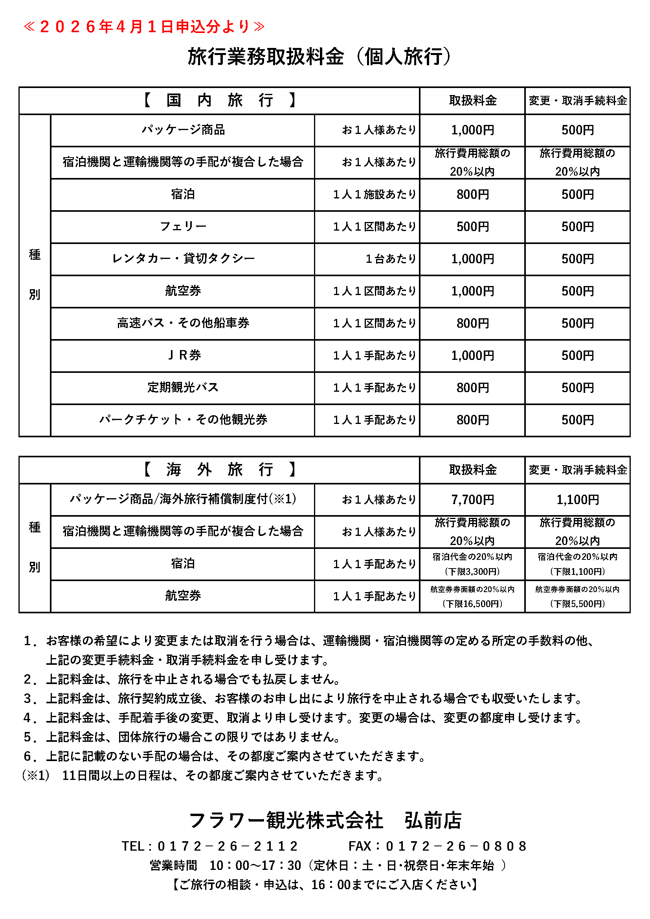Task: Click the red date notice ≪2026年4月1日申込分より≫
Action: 144,27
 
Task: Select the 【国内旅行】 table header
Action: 219,101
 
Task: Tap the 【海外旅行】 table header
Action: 219,470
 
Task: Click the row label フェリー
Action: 183,227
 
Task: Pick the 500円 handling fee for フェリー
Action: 472,227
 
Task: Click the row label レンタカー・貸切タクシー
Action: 183,259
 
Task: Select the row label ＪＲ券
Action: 183,356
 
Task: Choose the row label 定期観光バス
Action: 183,387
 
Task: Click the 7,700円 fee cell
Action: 472,499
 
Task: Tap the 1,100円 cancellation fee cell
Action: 577,499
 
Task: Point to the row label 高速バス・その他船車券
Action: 183,323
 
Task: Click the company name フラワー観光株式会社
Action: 286,820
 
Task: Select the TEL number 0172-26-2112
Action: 227,846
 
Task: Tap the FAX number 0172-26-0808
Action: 455,846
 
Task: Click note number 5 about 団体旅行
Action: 182,737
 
